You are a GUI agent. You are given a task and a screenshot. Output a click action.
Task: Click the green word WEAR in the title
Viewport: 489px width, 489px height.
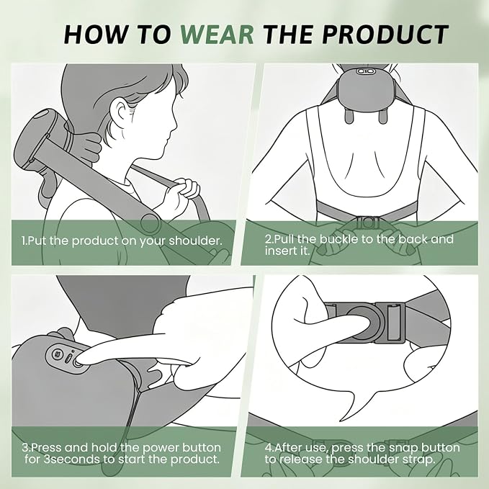coord(217,34)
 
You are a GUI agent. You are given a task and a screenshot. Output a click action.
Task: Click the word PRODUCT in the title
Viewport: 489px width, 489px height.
coord(385,34)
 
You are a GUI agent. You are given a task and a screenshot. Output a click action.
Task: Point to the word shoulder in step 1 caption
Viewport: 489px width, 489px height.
coord(195,241)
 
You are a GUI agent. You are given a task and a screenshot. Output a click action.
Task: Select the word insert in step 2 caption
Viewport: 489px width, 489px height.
coord(282,251)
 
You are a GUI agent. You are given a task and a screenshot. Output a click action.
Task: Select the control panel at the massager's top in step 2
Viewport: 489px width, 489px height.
coord(364,71)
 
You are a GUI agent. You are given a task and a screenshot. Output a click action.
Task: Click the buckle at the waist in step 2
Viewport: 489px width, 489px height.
coord(367,223)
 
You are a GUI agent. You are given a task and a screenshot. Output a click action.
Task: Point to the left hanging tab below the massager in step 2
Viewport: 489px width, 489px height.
coord(349,115)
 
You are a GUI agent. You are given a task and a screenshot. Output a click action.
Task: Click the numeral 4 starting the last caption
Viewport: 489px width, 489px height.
coord(268,448)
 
